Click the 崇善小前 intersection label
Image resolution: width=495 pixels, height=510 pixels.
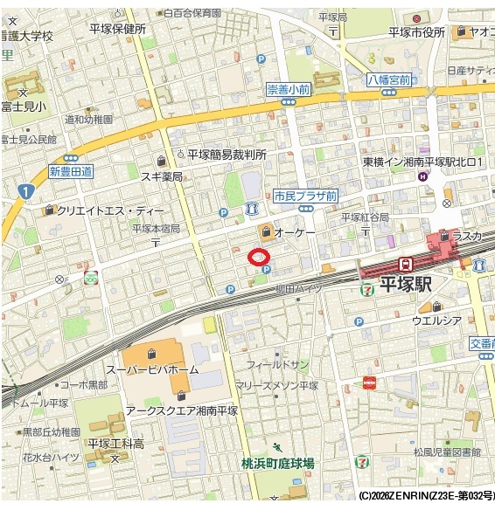(x=288, y=89)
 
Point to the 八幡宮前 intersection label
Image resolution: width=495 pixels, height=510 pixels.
(x=389, y=78)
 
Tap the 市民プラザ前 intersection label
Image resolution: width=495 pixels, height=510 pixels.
(x=304, y=196)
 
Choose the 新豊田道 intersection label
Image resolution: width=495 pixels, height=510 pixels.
(x=71, y=172)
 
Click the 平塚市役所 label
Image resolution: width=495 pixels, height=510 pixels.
(x=417, y=32)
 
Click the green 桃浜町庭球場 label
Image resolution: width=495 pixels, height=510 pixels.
(x=278, y=463)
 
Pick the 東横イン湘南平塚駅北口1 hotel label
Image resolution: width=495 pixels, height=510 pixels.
(x=423, y=162)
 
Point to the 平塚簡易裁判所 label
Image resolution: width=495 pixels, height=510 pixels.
(x=226, y=154)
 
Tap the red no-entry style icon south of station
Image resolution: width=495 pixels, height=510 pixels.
(x=369, y=382)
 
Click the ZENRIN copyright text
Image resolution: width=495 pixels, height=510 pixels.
(x=426, y=495)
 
